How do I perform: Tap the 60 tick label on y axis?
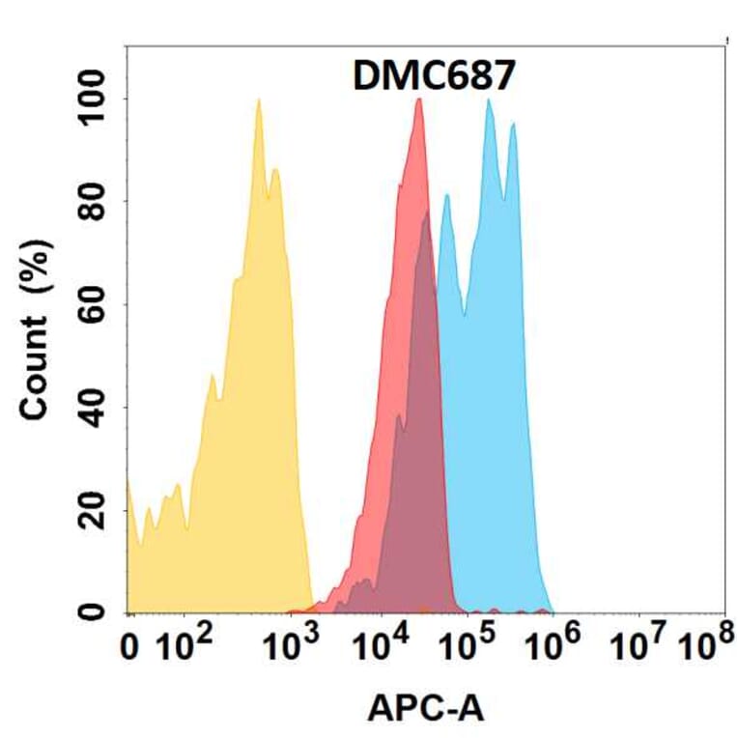click(93, 304)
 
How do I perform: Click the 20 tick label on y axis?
click(93, 510)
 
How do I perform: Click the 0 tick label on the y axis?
click(93, 612)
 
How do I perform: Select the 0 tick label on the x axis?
click(132, 649)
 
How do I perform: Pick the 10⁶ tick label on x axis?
click(556, 647)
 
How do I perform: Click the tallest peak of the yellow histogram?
click(259, 100)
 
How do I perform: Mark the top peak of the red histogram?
click(418, 99)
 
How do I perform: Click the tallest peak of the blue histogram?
click(490, 100)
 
